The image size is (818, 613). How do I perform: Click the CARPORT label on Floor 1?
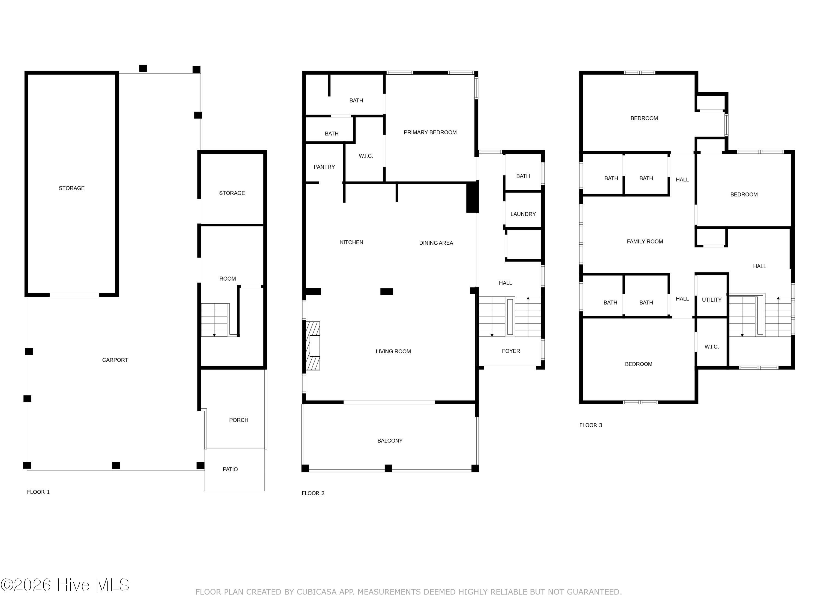click(115, 360)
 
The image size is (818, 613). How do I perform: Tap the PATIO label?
click(230, 469)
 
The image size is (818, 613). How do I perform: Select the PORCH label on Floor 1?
click(239, 420)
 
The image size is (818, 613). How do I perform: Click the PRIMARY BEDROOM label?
click(430, 132)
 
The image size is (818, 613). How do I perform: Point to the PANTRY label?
click(324, 167)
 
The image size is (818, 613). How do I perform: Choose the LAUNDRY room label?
click(523, 214)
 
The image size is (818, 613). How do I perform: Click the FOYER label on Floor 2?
click(511, 351)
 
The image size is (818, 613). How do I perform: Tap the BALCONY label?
click(390, 441)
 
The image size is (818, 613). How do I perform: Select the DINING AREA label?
click(436, 243)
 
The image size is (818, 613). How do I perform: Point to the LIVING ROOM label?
click(393, 351)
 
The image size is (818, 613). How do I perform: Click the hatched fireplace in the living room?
click(312, 346)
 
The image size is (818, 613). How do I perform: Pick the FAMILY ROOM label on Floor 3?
click(645, 242)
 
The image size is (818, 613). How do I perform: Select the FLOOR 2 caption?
click(313, 493)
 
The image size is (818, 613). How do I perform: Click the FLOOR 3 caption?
click(591, 425)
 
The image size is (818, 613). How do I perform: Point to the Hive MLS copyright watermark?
click(65, 585)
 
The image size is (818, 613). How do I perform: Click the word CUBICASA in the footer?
click(317, 592)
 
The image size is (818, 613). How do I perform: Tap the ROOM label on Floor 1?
click(227, 279)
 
